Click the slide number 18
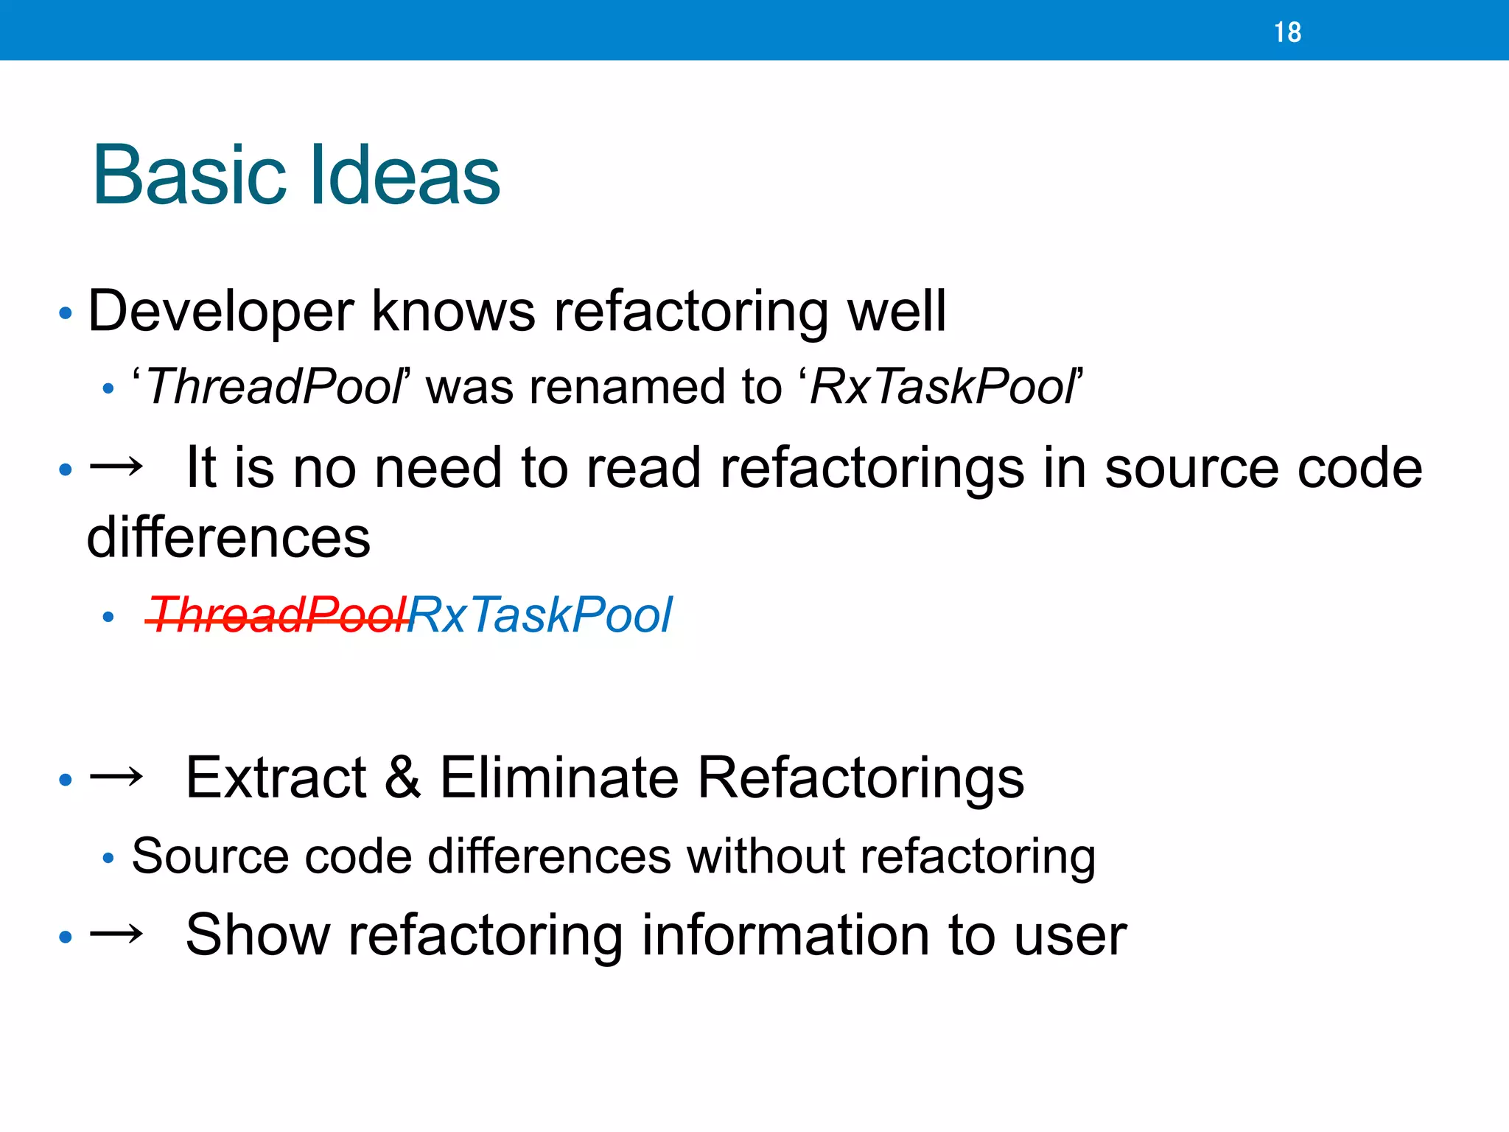(1287, 32)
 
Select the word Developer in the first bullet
(220, 312)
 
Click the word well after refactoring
(897, 312)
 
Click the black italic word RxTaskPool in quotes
(942, 387)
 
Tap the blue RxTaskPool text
(540, 615)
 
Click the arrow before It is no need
(116, 467)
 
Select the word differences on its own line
(228, 537)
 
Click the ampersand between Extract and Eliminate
(402, 778)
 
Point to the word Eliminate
(559, 778)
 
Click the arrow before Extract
(116, 778)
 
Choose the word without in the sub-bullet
(764, 856)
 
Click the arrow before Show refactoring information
(116, 935)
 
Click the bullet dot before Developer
(66, 314)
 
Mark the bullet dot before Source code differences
(108, 859)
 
